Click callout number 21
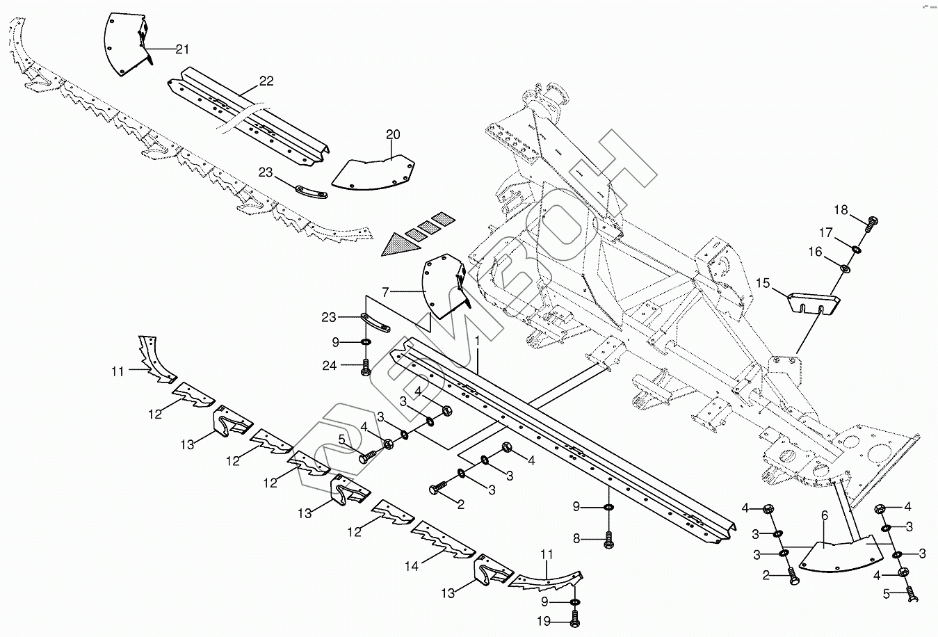pos(182,49)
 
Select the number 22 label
pos(266,81)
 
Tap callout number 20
pos(393,134)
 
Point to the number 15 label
pos(763,284)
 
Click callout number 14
pos(412,567)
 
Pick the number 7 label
pos(386,291)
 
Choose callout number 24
pos(330,366)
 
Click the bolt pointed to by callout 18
pos(871,223)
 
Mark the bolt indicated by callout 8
pos(609,540)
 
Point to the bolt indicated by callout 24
pos(366,367)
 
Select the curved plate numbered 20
pos(373,172)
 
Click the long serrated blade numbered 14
pos(443,540)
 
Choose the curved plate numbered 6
pos(841,554)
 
